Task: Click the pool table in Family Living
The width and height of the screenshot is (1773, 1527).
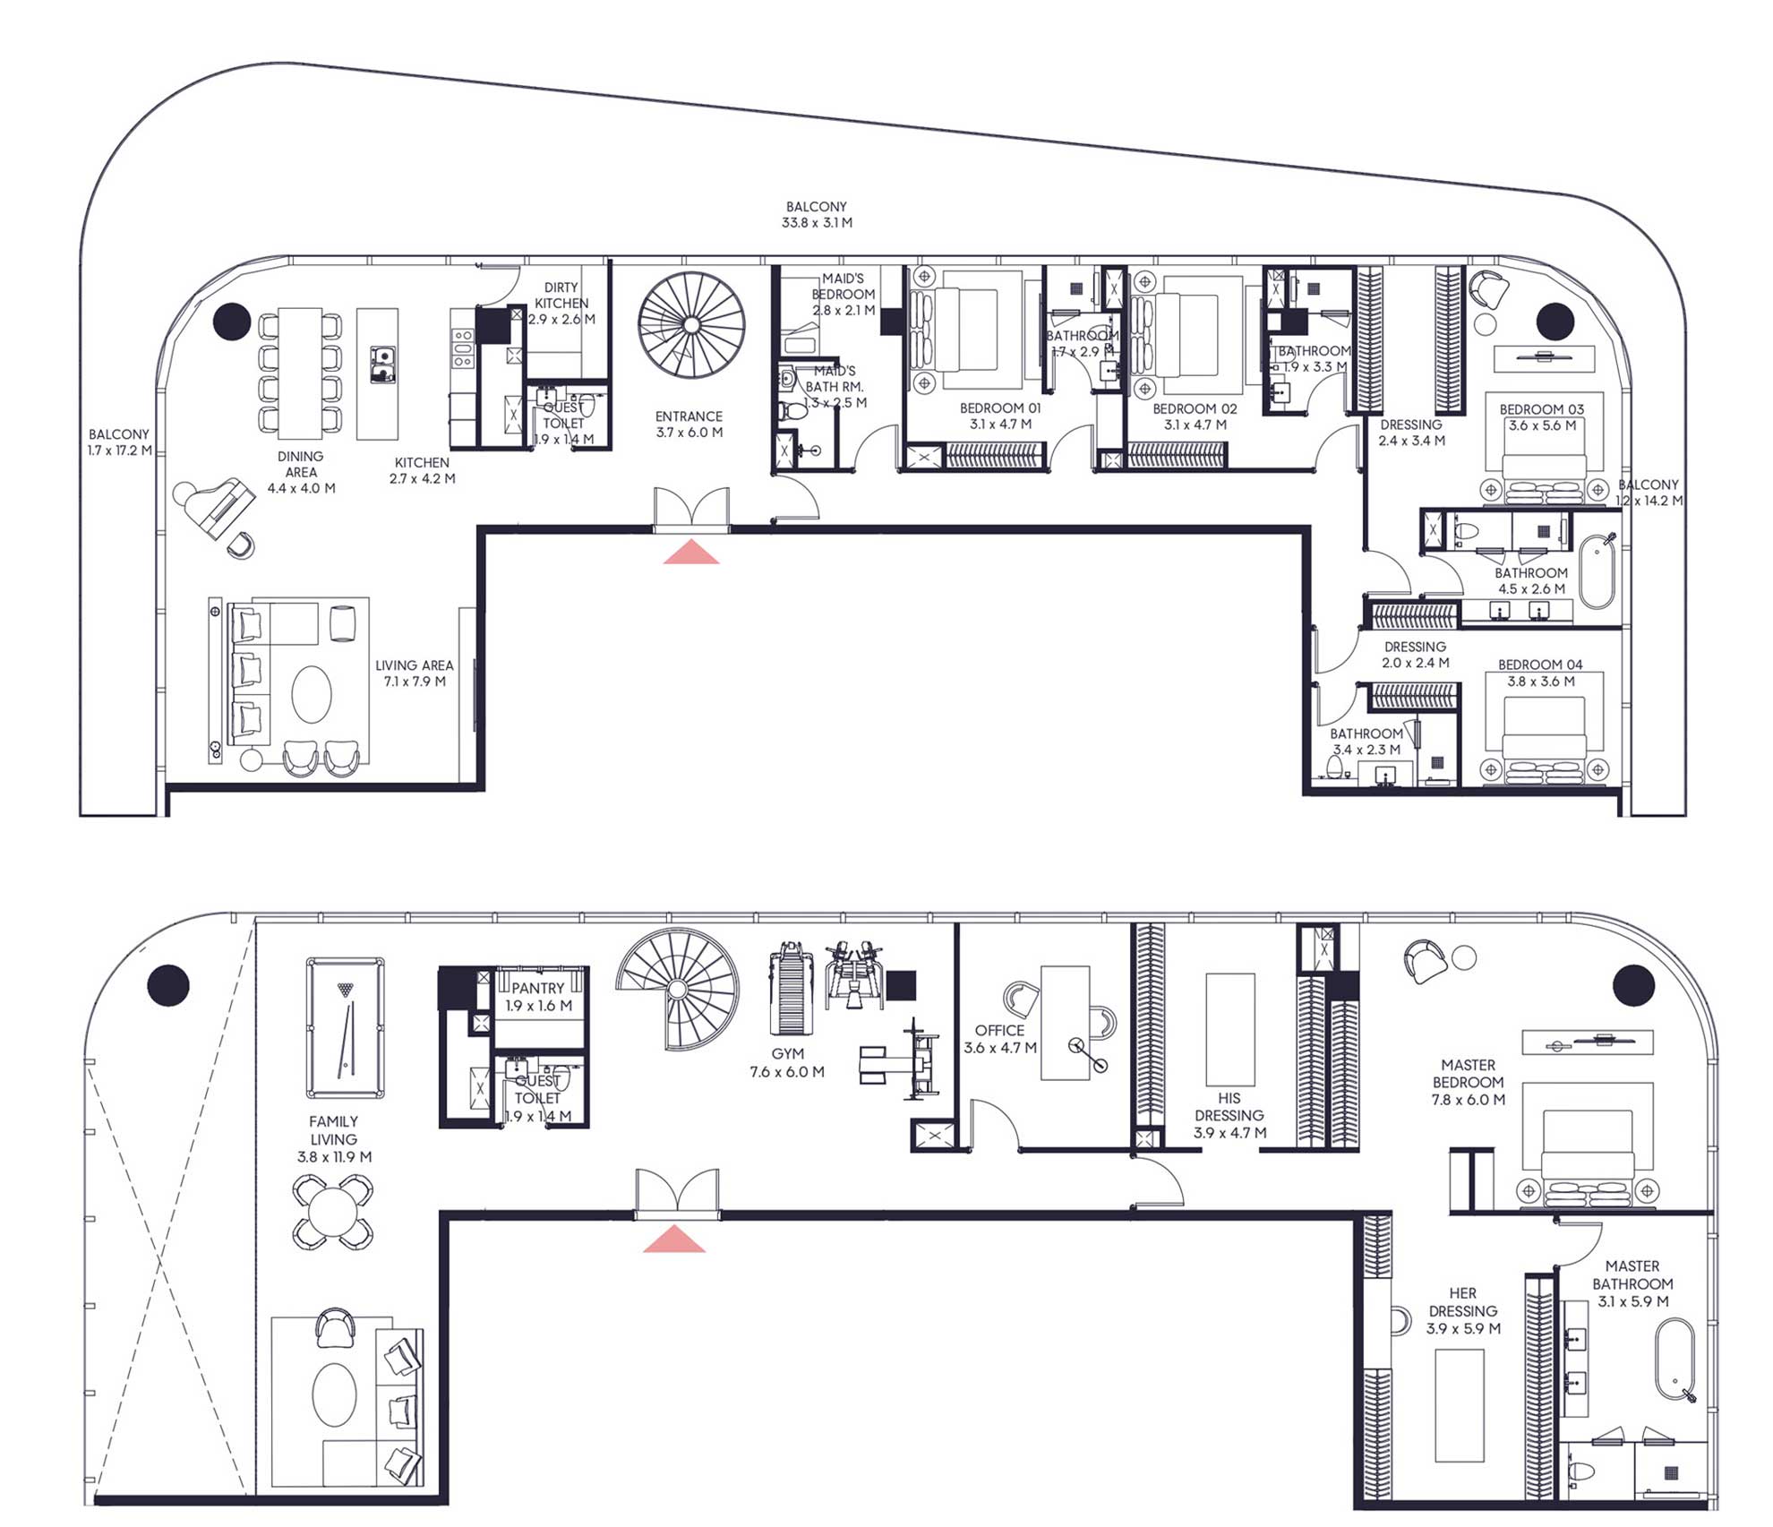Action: [x=345, y=1027]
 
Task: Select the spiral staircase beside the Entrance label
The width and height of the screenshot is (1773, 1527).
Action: [x=691, y=324]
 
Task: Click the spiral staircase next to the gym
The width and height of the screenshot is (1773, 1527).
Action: [x=678, y=989]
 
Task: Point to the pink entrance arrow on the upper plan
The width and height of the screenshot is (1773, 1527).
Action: [x=690, y=553]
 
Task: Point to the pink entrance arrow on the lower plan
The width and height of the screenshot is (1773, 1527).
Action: [x=674, y=1240]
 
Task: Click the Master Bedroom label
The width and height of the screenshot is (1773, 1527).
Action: [x=1468, y=1082]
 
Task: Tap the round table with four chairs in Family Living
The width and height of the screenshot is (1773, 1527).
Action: [x=333, y=1213]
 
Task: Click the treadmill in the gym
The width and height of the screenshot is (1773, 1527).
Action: [x=790, y=990]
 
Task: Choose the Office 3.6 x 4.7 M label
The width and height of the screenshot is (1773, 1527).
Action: [x=999, y=1039]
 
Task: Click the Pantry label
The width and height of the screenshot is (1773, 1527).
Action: [x=537, y=996]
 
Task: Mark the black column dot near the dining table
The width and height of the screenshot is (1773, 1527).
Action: [x=231, y=321]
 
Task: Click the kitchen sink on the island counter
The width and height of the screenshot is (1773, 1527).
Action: [x=381, y=364]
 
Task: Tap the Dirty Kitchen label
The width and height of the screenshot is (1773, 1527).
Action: [x=561, y=303]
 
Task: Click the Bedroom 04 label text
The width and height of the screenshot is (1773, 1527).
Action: [x=1540, y=665]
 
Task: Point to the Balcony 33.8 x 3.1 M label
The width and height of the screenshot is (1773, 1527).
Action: [x=817, y=215]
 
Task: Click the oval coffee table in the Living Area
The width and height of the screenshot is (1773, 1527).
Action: [x=312, y=694]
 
